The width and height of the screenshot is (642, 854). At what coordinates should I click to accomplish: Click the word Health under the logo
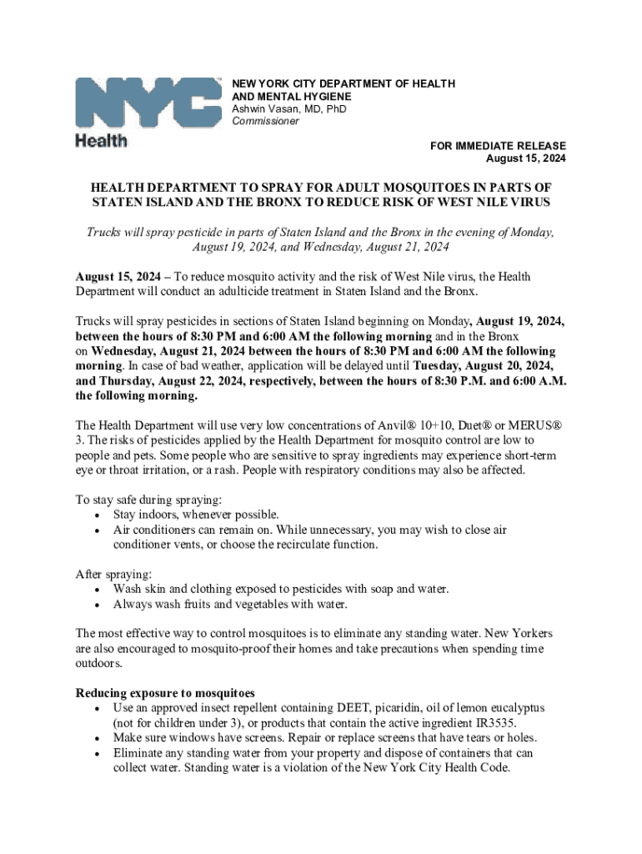pyautogui.click(x=102, y=140)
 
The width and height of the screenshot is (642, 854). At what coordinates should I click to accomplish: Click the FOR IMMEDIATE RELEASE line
pyautogui.click(x=498, y=146)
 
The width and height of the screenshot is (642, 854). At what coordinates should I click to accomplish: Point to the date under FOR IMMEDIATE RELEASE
pyautogui.click(x=526, y=158)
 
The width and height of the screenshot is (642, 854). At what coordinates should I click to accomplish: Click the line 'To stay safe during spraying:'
pyautogui.click(x=149, y=500)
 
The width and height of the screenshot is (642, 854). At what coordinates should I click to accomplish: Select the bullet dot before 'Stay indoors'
pyautogui.click(x=98, y=515)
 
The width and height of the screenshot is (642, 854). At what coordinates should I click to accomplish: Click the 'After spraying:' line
pyautogui.click(x=114, y=575)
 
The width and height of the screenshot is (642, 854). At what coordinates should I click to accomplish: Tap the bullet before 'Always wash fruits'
pyautogui.click(x=98, y=605)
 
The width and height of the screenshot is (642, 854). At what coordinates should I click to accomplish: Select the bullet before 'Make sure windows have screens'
pyautogui.click(x=98, y=738)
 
